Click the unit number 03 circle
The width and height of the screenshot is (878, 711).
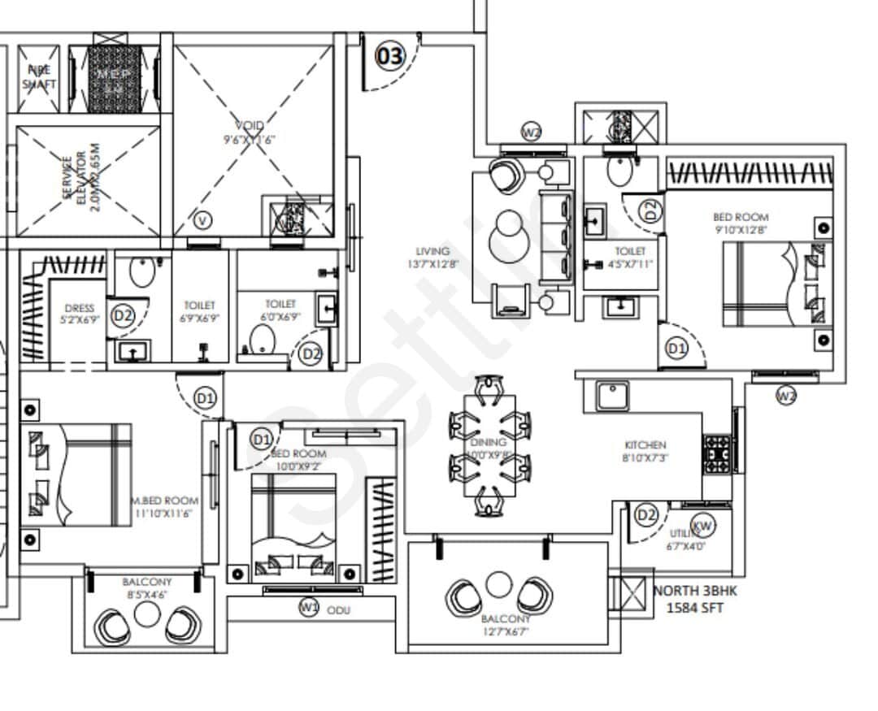click(389, 57)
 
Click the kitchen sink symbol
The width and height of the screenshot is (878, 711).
click(611, 397)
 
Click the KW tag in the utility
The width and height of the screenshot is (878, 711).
click(703, 526)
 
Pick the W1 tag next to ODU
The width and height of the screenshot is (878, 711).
click(309, 606)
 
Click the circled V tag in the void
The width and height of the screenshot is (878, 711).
click(204, 219)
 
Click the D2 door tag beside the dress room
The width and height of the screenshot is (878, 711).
click(123, 316)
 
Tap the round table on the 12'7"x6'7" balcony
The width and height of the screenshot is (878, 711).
click(498, 584)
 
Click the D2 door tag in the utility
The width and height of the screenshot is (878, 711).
click(646, 515)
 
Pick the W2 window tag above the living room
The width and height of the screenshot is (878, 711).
click(532, 133)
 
